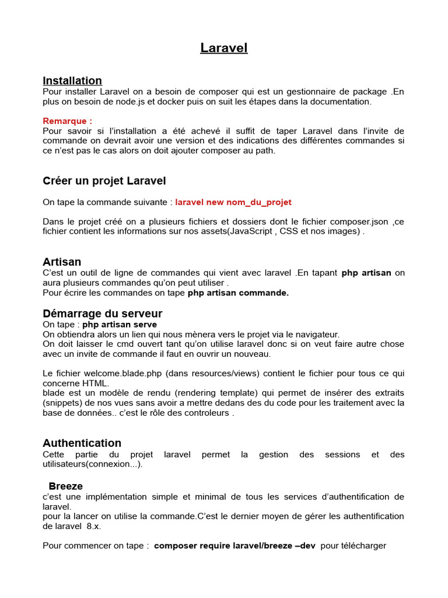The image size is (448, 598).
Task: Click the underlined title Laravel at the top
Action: pyautogui.click(x=224, y=48)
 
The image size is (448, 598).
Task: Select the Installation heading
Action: pyautogui.click(x=72, y=81)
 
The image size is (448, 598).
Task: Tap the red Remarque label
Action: pyautogui.click(x=67, y=121)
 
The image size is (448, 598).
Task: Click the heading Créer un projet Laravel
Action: pyautogui.click(x=104, y=181)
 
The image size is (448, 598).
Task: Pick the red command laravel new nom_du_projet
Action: pyautogui.click(x=233, y=202)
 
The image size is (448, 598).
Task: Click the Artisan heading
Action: pyautogui.click(x=62, y=262)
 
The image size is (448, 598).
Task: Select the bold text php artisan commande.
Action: pyautogui.click(x=238, y=293)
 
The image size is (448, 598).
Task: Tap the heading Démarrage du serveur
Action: pyautogui.click(x=103, y=314)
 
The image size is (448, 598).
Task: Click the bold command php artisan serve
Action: pyautogui.click(x=120, y=325)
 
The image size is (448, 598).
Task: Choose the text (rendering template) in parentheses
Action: pyautogui.click(x=217, y=393)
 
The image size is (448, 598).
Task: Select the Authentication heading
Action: pyautogui.click(x=82, y=443)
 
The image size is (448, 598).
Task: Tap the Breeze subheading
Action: pyautogui.click(x=66, y=486)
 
